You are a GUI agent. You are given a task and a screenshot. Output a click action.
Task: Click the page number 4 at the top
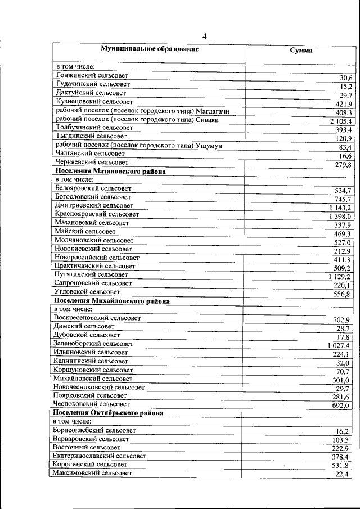(x=205, y=37)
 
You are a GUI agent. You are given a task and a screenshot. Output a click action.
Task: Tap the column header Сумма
(x=301, y=51)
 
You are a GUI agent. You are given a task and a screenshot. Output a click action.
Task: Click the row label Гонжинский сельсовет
(x=92, y=75)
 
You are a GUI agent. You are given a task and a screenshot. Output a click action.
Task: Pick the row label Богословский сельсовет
(x=93, y=197)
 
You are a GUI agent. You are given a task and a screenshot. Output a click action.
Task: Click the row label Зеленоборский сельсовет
(x=94, y=343)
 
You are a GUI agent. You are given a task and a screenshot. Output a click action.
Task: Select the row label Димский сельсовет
(x=84, y=326)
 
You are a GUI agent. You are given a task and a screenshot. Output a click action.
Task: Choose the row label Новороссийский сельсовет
(x=97, y=257)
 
